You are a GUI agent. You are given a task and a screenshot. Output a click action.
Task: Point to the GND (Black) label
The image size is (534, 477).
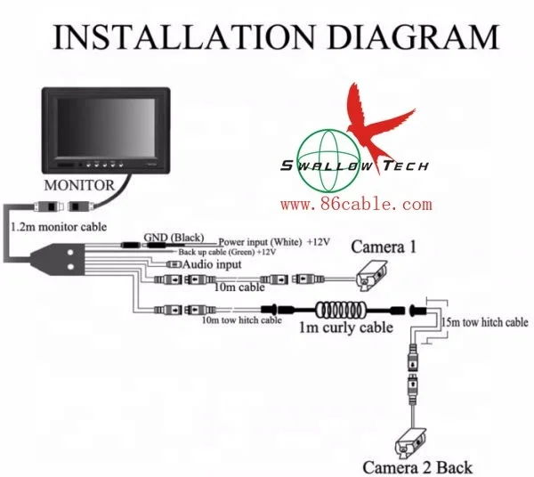174,237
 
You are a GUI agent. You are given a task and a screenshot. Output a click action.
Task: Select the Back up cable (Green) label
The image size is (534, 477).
231,253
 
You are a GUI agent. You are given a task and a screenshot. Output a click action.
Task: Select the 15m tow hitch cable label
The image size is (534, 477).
484,321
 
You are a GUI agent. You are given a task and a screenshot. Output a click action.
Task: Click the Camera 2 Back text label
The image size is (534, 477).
417,466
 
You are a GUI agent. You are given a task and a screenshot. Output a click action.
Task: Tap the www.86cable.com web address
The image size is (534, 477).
356,205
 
